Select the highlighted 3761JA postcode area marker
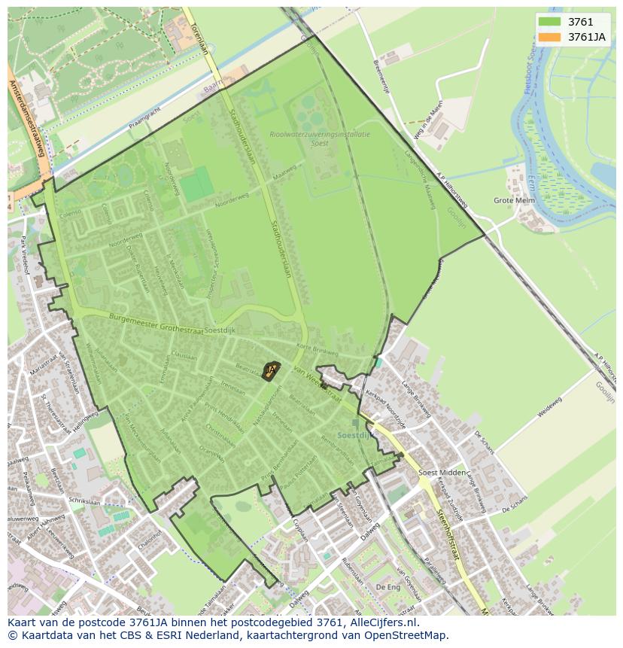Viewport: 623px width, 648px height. point(272,369)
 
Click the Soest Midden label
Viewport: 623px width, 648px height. point(441,472)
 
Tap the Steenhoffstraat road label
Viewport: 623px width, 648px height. point(447,534)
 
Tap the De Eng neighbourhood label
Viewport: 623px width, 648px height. point(387,586)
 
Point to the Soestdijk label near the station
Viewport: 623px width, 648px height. point(354,435)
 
